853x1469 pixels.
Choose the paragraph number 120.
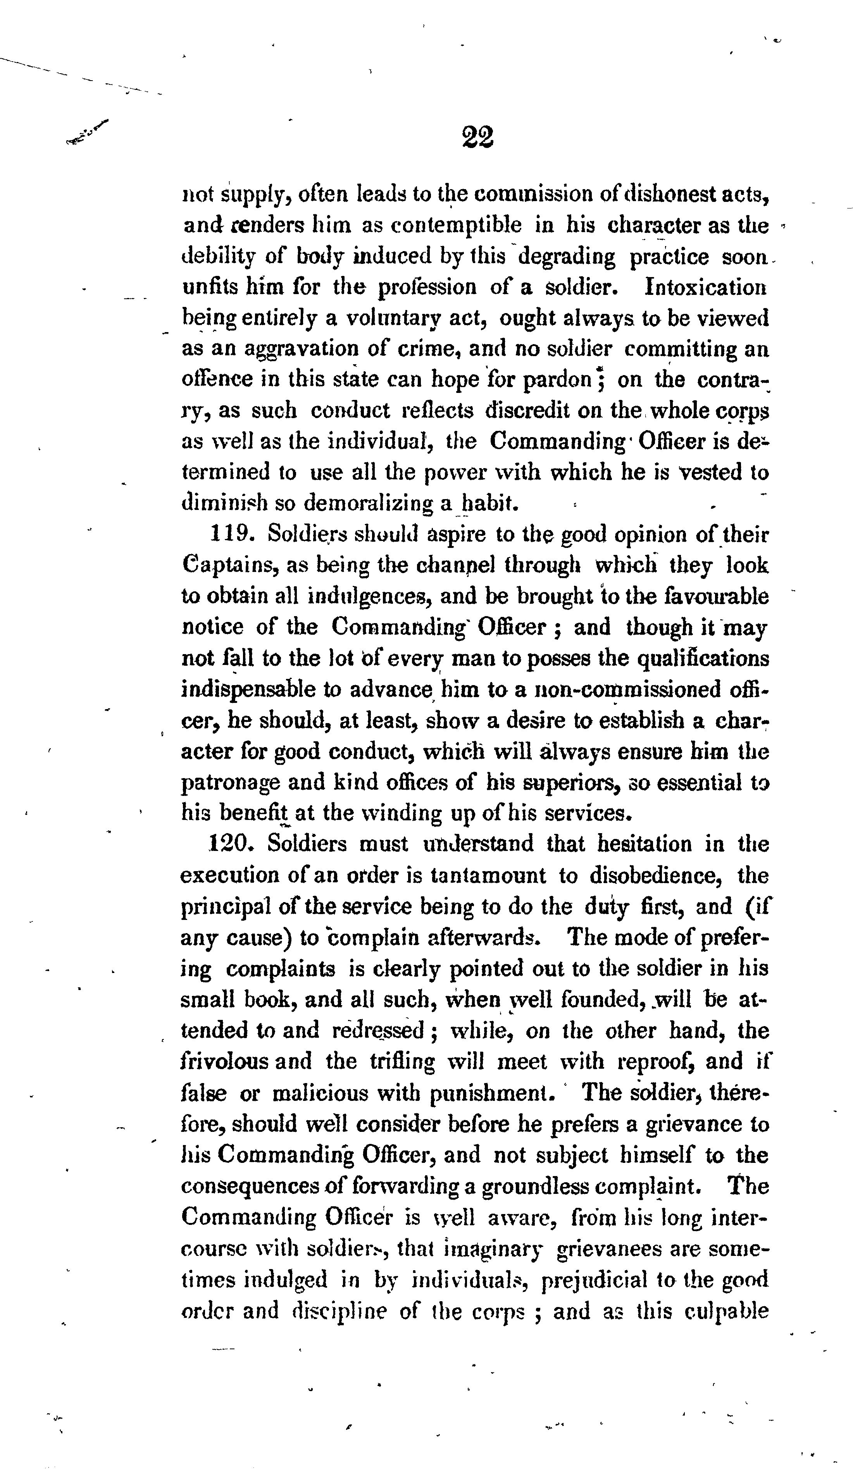click(x=232, y=844)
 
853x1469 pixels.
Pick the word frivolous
click(x=225, y=1061)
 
